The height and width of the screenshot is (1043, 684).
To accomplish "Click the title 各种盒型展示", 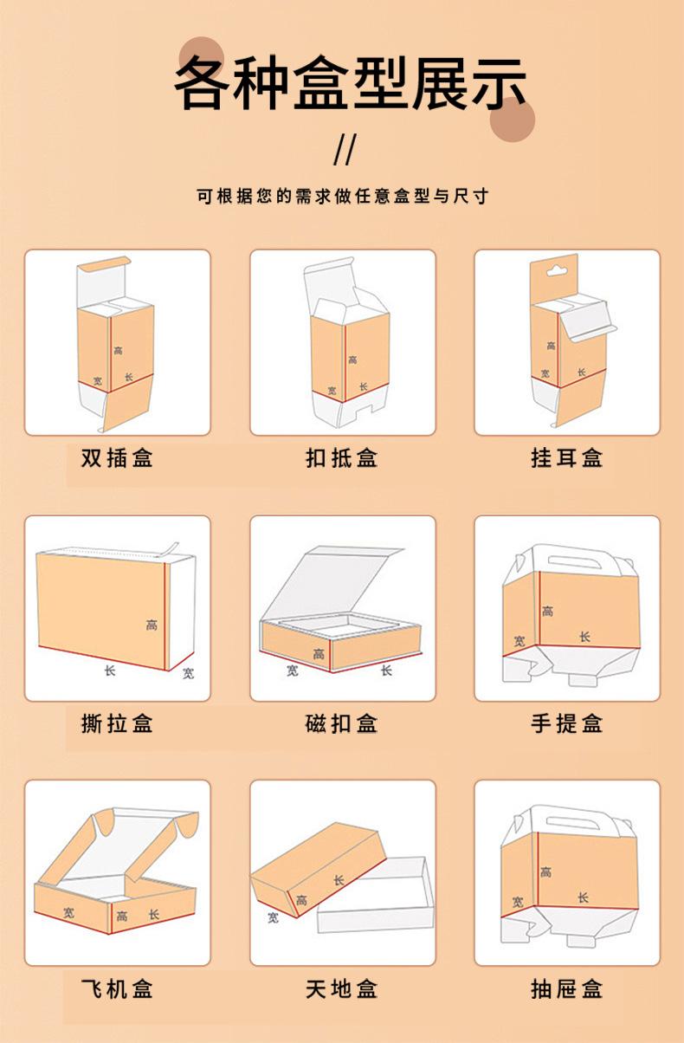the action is [x=350, y=85].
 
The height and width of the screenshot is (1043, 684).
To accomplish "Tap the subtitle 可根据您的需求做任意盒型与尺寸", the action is [x=342, y=197].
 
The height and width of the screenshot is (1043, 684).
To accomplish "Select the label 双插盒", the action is [x=117, y=457].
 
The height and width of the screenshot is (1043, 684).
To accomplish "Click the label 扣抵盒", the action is [x=342, y=457].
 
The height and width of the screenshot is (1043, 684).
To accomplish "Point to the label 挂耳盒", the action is [x=567, y=457].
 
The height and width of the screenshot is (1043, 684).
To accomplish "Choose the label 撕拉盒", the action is [x=117, y=722].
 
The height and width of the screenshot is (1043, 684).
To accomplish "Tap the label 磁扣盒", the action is [x=342, y=722].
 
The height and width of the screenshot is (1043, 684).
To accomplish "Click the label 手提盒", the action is [x=567, y=722].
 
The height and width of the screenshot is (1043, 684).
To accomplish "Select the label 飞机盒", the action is [x=117, y=988].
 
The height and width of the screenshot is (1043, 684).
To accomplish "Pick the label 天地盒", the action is [x=342, y=988].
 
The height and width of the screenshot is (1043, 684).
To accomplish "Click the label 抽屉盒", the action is [x=567, y=988].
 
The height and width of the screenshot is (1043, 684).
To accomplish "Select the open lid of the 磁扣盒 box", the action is [x=333, y=580].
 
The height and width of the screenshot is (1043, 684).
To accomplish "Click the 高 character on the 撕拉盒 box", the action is [x=152, y=625].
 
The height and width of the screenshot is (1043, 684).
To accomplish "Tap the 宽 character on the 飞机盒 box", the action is [x=68, y=911].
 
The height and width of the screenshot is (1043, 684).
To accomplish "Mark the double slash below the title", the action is [x=345, y=149].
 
